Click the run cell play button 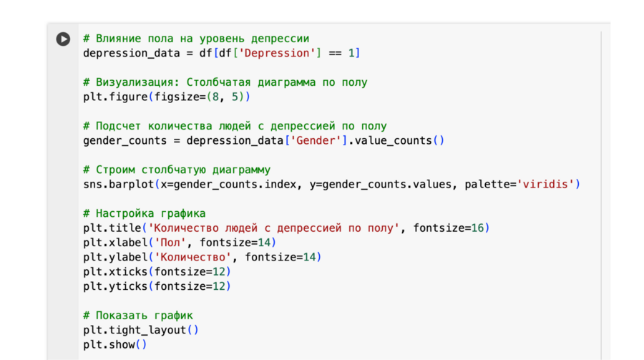pos(63,39)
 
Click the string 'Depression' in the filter pos(277,53)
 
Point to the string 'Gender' pos(316,140)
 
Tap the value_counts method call pos(393,140)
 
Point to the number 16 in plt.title pos(477,228)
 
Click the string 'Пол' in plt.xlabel pos(170,243)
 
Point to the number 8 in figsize pos(215,97)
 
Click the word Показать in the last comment pos(122,315)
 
